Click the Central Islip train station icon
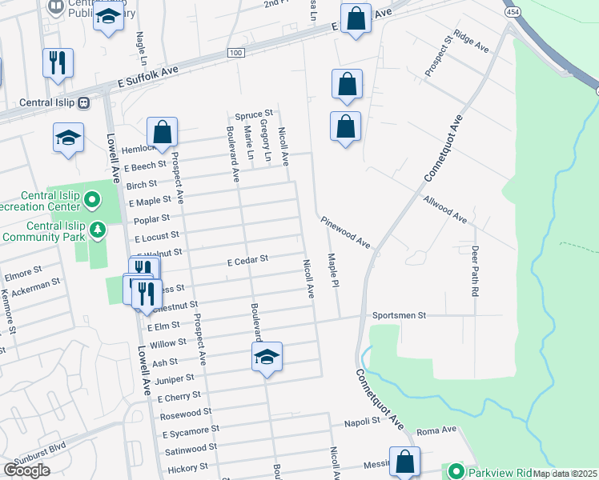click(x=84, y=102)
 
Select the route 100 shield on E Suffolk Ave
click(x=235, y=53)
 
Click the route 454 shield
click(x=509, y=14)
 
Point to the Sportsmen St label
click(x=399, y=316)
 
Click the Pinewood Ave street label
click(x=345, y=231)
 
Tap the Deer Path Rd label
click(x=474, y=272)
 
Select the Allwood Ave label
click(x=445, y=207)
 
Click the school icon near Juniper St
click(x=267, y=358)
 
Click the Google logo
click(x=26, y=470)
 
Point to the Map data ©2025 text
click(x=564, y=474)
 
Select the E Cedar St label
click(x=247, y=260)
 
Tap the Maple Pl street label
click(x=332, y=272)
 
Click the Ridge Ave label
click(x=471, y=42)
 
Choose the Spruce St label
click(x=254, y=114)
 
